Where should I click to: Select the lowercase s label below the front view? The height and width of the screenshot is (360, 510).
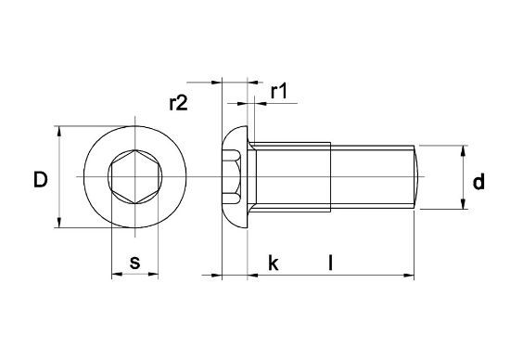pos(134,263)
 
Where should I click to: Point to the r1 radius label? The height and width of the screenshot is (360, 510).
pos(279,91)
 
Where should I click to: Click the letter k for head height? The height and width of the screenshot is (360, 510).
pos(273,263)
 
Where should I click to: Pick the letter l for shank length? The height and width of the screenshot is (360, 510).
pos(331,263)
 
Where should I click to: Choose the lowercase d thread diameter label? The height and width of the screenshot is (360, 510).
pos(478,183)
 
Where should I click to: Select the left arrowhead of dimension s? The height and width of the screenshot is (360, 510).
pos(115,276)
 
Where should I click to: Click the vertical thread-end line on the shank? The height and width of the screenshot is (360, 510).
pos(331,176)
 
